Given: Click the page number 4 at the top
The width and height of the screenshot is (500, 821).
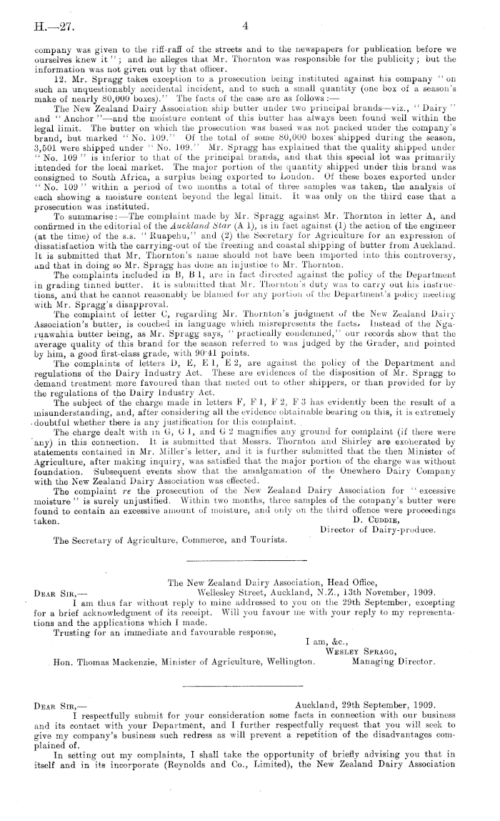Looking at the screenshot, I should tap(244, 26).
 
